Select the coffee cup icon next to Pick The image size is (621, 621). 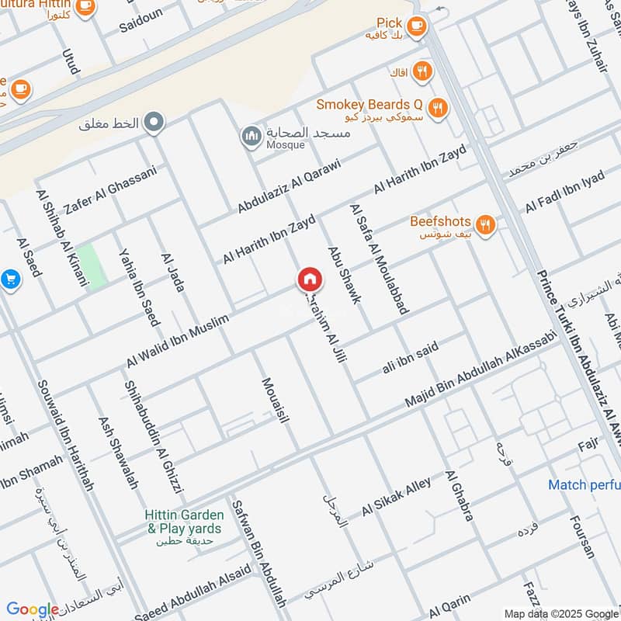tap(417, 26)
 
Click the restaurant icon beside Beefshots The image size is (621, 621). tap(485, 225)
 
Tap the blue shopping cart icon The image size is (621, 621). tap(9, 278)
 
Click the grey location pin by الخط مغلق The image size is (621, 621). tap(155, 121)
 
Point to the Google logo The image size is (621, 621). tap(33, 610)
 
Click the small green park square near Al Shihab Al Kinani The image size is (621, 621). tap(92, 266)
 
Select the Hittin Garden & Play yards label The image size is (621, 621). tap(185, 522)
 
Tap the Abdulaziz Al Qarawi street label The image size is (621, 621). tap(289, 186)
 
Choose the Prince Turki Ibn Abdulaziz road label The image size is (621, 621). tap(578, 357)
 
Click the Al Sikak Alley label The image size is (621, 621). tap(396, 498)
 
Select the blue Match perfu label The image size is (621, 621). tap(584, 485)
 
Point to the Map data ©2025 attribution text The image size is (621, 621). tap(560, 613)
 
